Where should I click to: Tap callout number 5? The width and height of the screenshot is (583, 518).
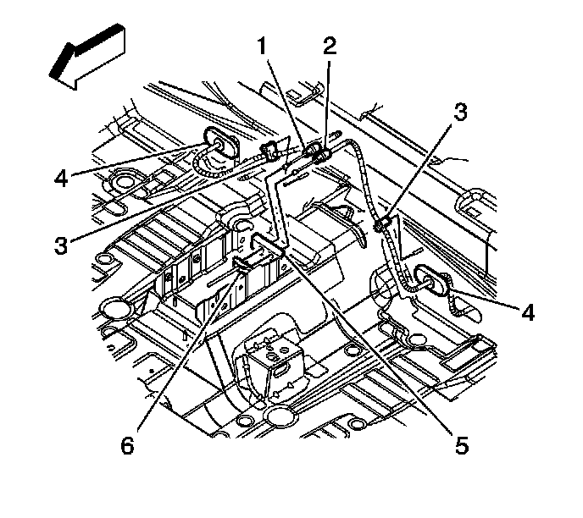point(462,444)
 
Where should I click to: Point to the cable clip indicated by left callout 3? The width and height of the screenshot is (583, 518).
point(270,152)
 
